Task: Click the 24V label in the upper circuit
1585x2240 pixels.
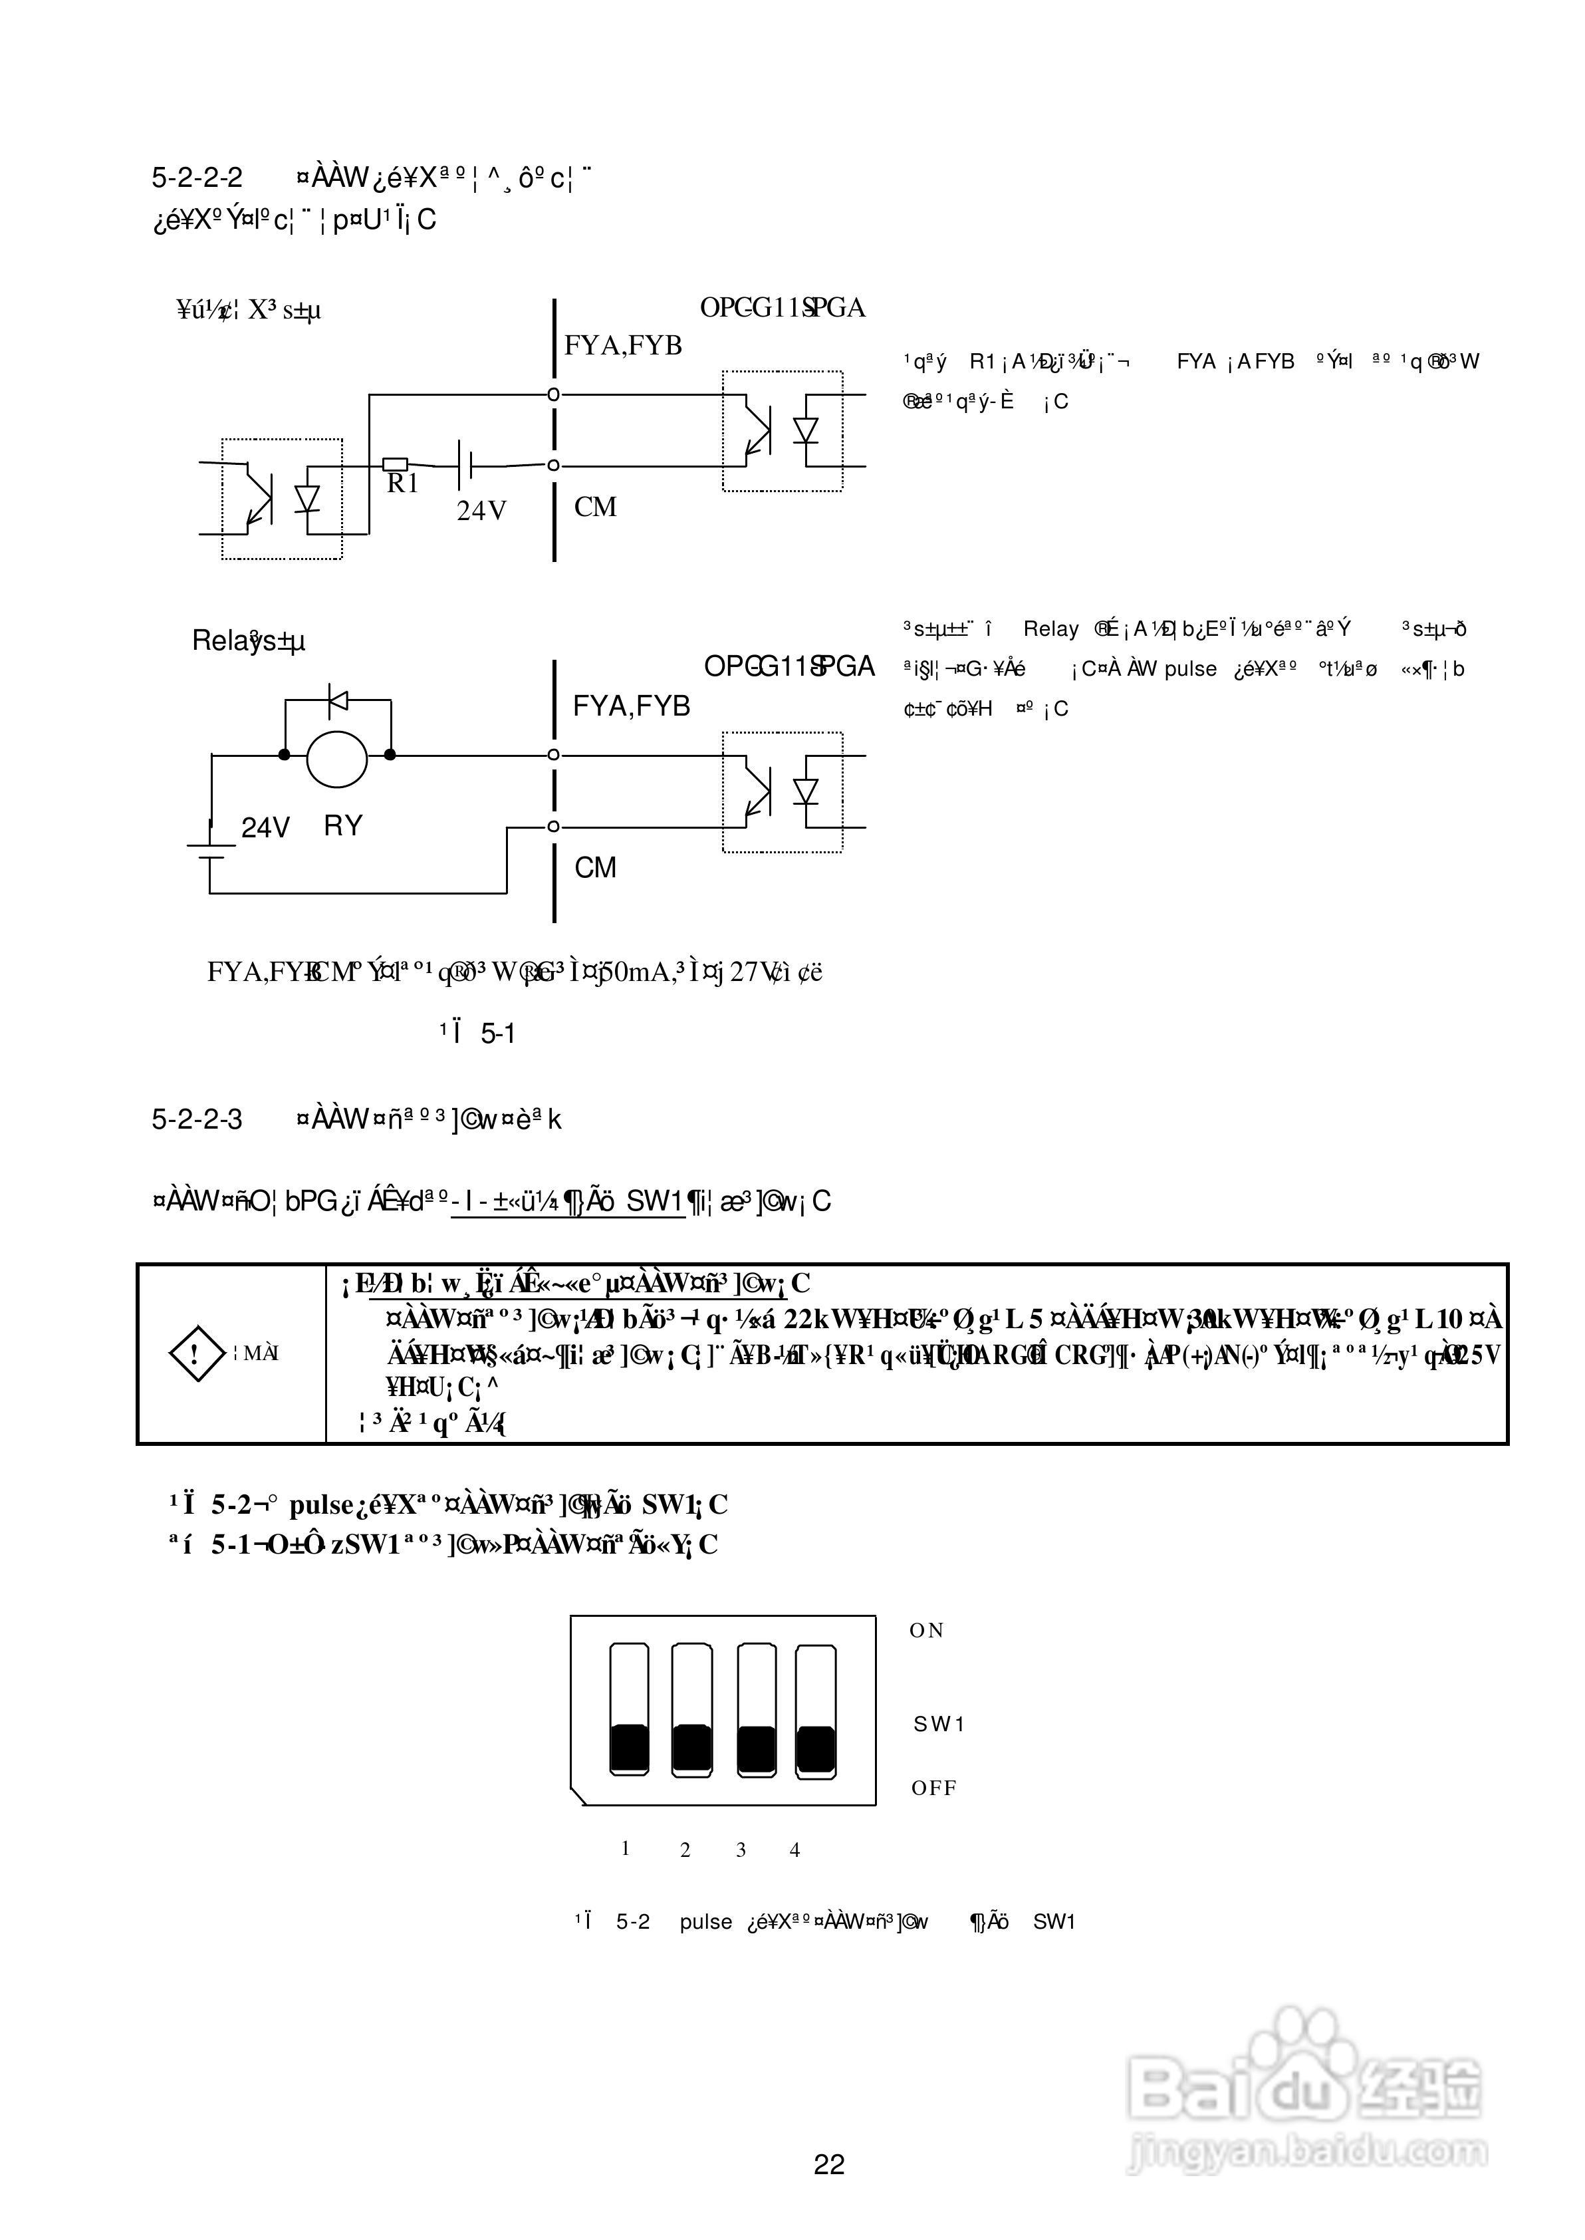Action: coord(481,511)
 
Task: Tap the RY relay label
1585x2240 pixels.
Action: coord(342,827)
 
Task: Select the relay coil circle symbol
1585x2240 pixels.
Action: coord(336,758)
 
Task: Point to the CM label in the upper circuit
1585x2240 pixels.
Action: coord(595,507)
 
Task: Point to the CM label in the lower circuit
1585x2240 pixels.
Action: coord(595,868)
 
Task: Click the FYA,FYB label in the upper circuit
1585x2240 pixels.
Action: coord(623,346)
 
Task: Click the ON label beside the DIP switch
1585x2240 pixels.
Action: coord(926,1631)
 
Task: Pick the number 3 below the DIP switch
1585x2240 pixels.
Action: coord(741,1850)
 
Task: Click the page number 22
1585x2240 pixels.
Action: coord(828,2164)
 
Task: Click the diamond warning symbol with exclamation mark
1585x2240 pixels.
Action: coord(198,1353)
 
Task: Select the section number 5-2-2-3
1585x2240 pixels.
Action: coord(197,1119)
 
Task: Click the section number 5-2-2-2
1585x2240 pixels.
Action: coord(197,178)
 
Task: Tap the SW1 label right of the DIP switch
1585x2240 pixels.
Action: coord(939,1725)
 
